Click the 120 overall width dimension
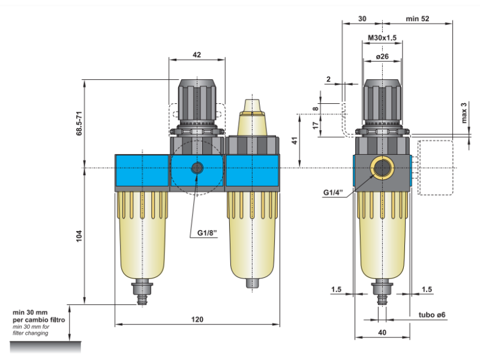[197, 320]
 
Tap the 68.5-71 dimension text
[79, 123]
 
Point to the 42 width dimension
[197, 55]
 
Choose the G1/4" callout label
[332, 193]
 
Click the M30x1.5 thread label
[382, 38]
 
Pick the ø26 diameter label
[382, 56]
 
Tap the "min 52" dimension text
[418, 19]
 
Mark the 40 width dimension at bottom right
[382, 332]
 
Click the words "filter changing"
[29, 332]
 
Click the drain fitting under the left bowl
[142, 292]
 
